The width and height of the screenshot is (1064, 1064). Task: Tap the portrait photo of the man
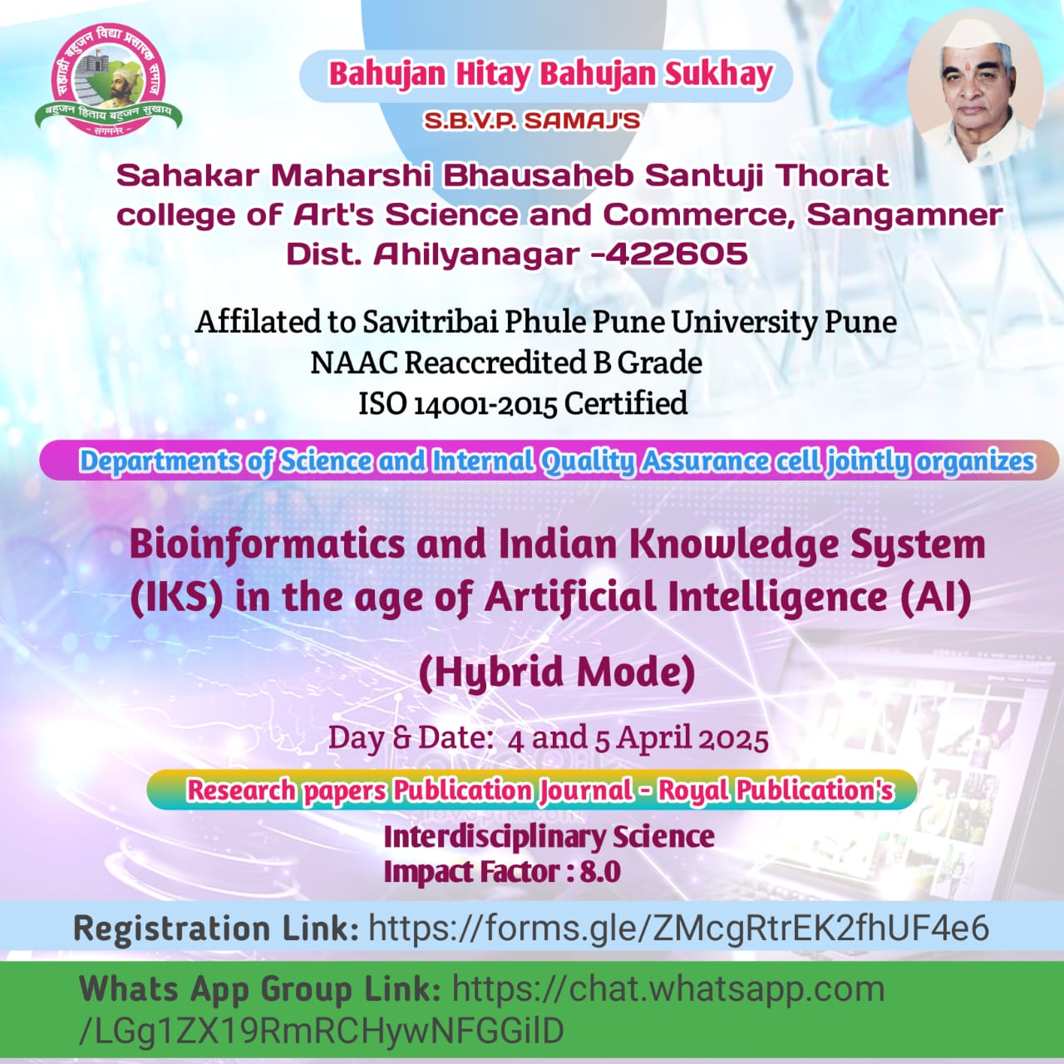[x=976, y=88]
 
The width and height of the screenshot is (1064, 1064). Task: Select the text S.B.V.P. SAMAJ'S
[x=532, y=121]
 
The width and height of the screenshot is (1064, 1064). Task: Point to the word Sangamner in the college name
[x=904, y=214]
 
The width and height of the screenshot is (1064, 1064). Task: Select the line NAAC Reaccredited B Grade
[x=506, y=362]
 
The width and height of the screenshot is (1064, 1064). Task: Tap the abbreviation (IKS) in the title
[x=176, y=598]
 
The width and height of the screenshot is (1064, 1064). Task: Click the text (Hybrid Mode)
[x=557, y=672]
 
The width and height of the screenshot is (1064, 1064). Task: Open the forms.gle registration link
[x=678, y=929]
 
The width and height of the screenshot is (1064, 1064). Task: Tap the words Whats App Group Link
[x=259, y=988]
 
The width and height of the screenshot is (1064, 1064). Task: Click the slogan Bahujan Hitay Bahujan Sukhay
[x=550, y=75]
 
